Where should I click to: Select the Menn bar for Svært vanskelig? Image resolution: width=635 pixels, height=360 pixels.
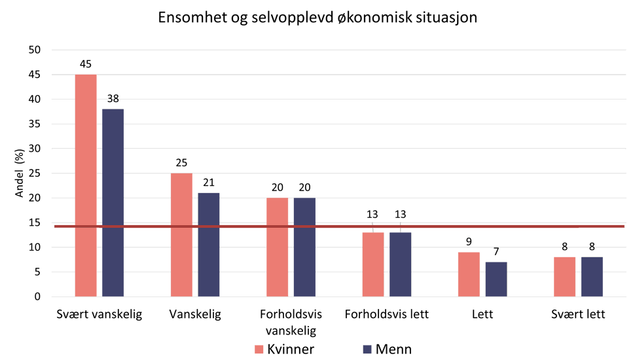point(113,202)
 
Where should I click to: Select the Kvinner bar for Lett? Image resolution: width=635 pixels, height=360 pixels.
point(469,274)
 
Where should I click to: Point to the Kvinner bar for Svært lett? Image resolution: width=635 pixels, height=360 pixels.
point(564,276)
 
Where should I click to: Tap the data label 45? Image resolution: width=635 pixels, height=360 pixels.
point(86,65)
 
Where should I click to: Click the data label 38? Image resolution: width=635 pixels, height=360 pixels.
point(113,99)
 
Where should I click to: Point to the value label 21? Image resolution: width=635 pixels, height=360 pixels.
point(209,183)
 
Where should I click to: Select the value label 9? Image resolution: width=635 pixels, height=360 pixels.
point(469,242)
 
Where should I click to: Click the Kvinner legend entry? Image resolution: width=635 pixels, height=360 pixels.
point(284,349)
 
